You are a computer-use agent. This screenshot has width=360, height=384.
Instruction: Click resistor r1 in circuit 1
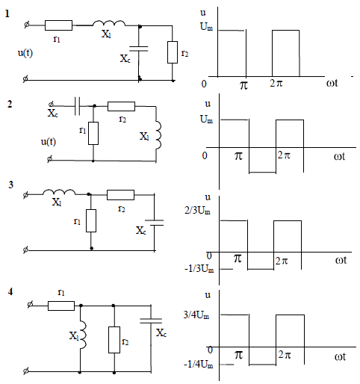[58, 25]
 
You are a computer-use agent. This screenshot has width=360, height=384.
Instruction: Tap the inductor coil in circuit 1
[109, 23]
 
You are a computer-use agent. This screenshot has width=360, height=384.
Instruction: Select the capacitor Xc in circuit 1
[139, 49]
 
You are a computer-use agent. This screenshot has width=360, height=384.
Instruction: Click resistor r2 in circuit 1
[173, 52]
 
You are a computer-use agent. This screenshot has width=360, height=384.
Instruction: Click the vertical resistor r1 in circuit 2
[93, 133]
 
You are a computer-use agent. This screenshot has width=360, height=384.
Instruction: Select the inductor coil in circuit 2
[158, 134]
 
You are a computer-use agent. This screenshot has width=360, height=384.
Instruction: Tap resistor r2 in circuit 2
[121, 106]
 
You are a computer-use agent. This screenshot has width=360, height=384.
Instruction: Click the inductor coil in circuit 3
[59, 192]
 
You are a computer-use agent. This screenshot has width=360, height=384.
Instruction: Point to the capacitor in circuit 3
[155, 223]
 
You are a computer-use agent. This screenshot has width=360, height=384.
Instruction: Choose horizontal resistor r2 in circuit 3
[120, 195]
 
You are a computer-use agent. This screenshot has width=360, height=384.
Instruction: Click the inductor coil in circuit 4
[83, 335]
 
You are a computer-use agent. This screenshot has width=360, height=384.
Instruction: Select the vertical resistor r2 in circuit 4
[114, 340]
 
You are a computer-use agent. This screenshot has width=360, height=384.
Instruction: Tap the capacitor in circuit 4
[151, 320]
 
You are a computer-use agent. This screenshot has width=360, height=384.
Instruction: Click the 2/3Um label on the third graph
[197, 211]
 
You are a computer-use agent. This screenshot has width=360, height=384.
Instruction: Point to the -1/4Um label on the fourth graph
[199, 365]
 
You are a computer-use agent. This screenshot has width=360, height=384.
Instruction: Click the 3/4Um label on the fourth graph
[196, 315]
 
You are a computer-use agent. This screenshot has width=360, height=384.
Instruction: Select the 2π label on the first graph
[276, 83]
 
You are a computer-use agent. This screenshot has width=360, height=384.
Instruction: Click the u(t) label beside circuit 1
[25, 53]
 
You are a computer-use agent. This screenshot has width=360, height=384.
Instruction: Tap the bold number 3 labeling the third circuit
[10, 185]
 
